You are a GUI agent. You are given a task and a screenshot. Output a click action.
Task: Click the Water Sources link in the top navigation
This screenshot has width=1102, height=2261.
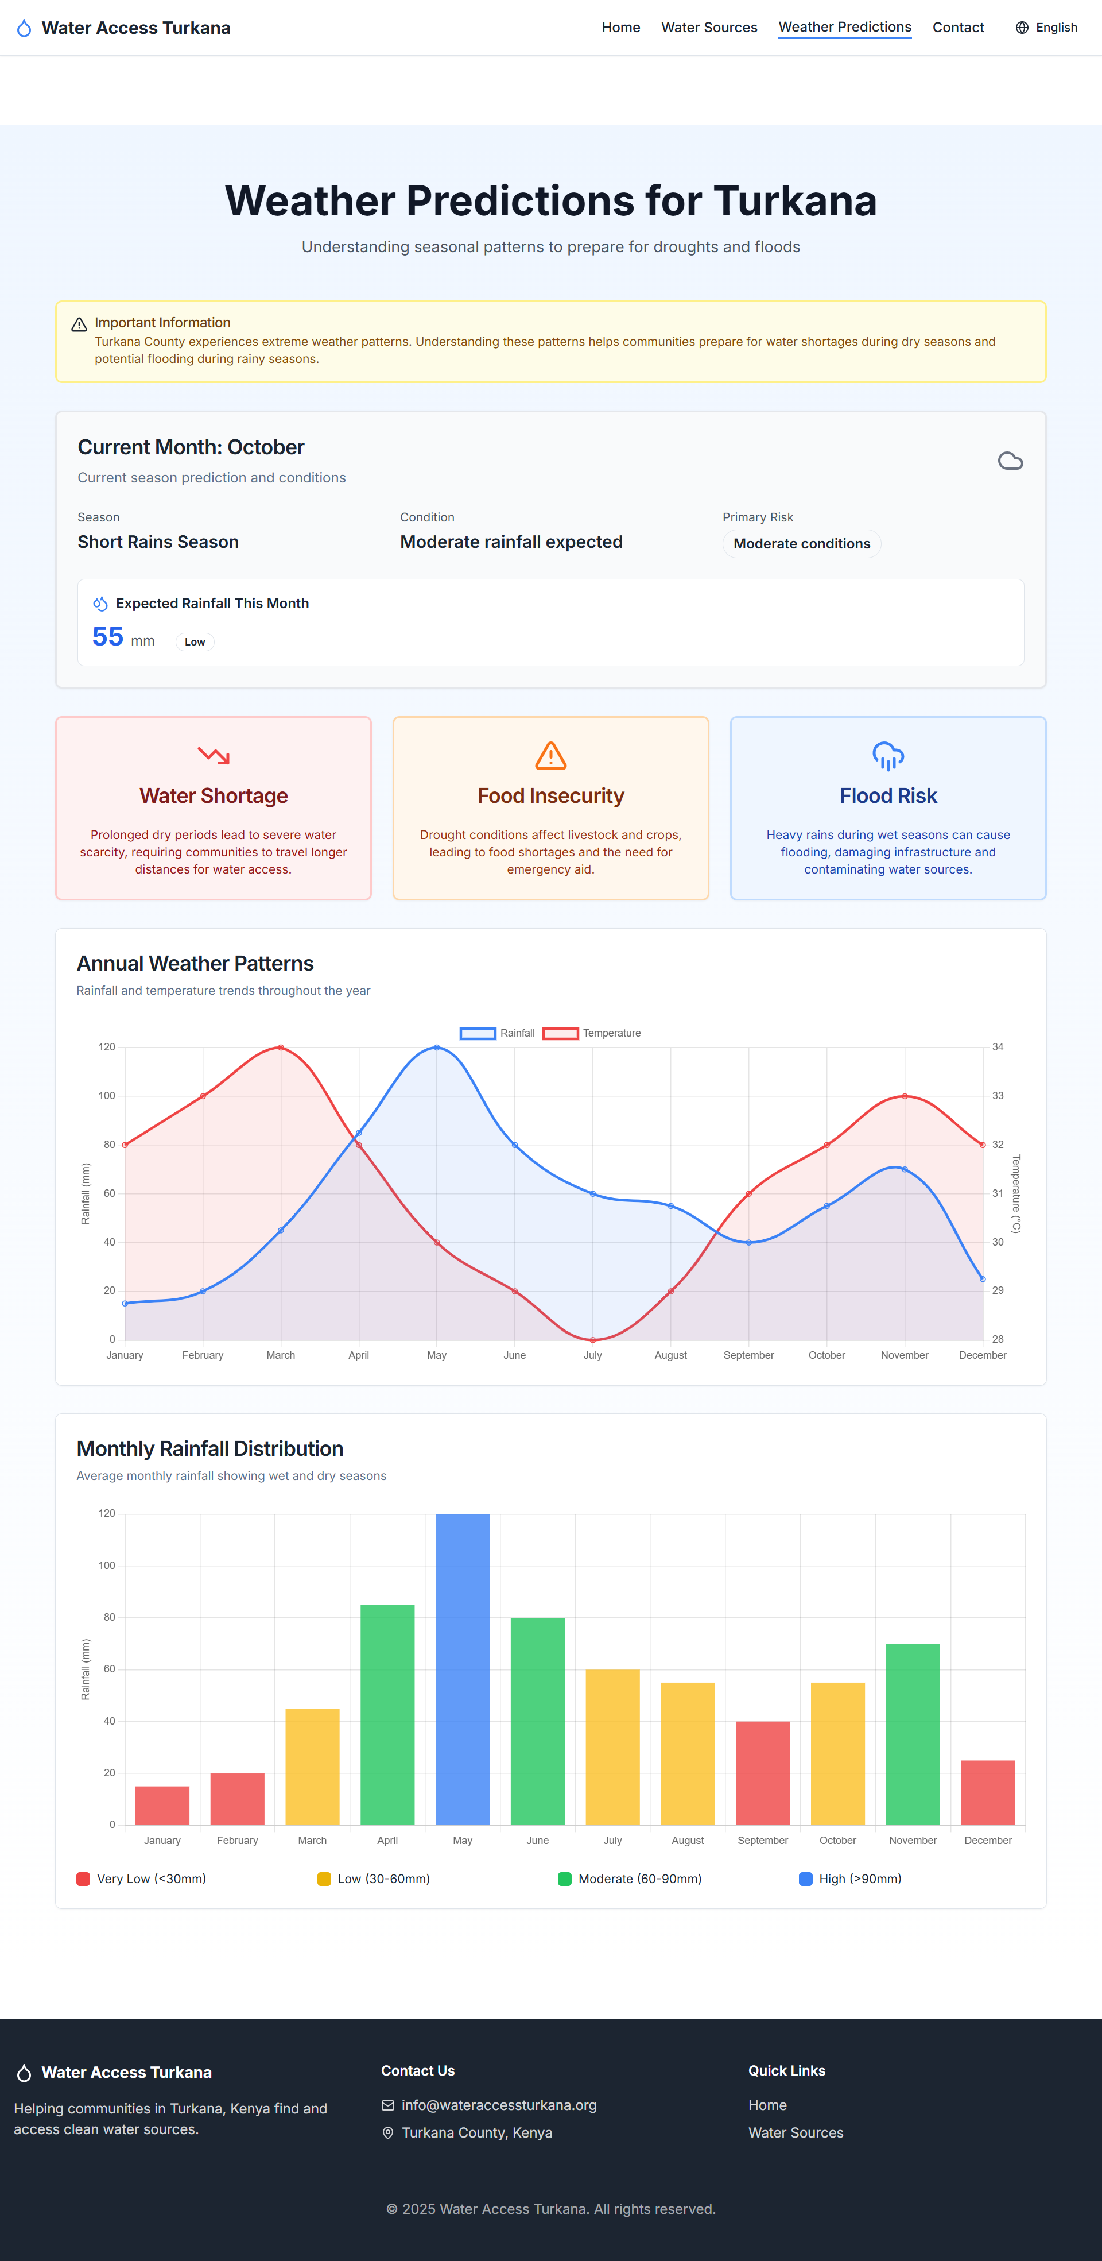click(709, 27)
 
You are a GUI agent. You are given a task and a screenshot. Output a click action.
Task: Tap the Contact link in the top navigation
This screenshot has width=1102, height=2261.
click(957, 27)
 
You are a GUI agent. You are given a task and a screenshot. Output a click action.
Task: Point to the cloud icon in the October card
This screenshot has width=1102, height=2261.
click(1010, 461)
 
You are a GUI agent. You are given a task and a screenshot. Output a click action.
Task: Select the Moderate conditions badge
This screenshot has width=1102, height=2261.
click(801, 543)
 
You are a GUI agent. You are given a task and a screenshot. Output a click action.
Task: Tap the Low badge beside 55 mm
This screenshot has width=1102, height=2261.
click(195, 641)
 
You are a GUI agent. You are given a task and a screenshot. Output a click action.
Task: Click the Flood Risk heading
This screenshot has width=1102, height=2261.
click(888, 795)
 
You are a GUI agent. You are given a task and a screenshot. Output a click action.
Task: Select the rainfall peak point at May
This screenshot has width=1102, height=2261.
click(437, 1047)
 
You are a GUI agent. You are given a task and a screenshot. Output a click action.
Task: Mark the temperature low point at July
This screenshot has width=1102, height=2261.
click(593, 1339)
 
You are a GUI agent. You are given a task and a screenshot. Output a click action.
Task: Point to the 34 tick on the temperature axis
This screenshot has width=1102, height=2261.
click(998, 1047)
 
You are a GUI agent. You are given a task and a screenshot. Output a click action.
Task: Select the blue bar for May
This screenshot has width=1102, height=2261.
click(463, 1668)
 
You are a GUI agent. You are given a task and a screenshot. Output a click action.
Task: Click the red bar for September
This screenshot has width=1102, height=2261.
click(762, 1773)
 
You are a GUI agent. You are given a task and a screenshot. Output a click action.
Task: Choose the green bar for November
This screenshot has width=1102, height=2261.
click(913, 1733)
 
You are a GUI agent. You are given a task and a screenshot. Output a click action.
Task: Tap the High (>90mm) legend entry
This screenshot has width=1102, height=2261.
click(850, 1879)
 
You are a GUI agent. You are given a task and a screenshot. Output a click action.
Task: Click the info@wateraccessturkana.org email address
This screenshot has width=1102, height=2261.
click(498, 2105)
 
